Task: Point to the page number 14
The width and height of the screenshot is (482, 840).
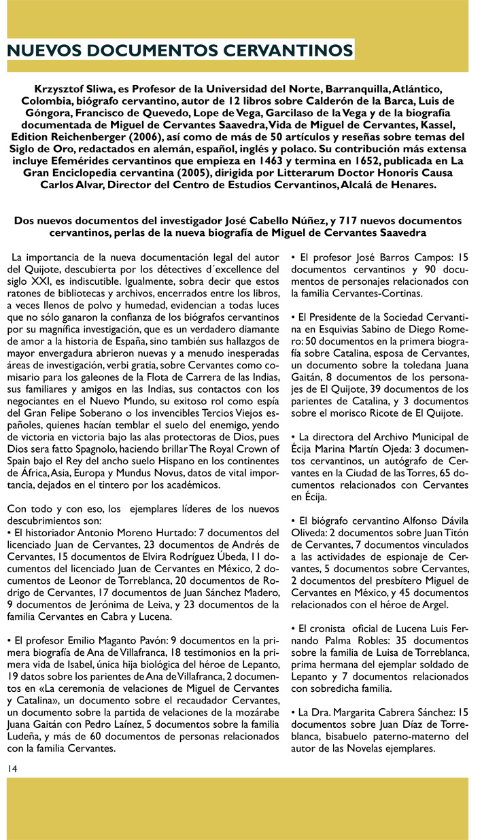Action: [12, 768]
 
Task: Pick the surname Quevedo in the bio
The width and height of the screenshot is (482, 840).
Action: [196, 113]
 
